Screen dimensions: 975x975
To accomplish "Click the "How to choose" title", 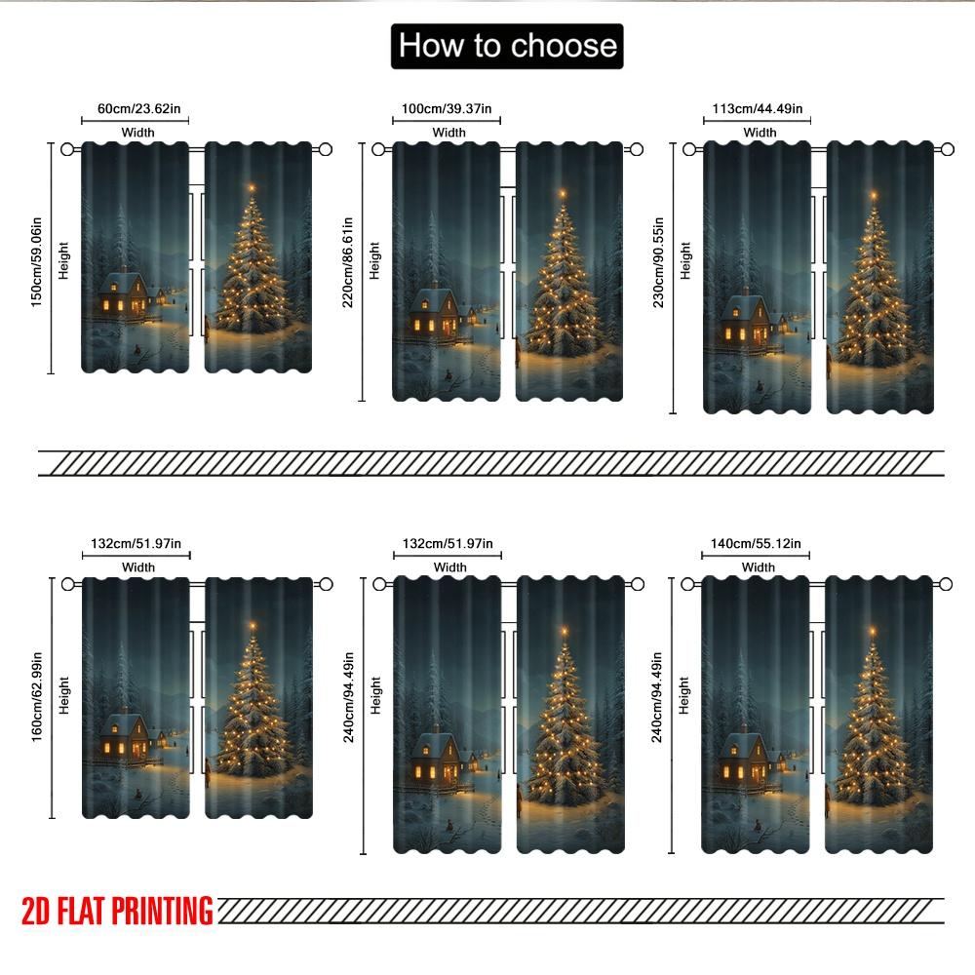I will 507,46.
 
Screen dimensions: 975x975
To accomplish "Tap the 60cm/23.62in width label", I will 136,108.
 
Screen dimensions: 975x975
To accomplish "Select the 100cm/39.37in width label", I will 448,108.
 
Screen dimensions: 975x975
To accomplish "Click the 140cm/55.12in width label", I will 758,543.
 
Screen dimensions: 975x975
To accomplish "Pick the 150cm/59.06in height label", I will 36,258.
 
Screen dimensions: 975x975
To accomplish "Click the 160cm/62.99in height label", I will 36,694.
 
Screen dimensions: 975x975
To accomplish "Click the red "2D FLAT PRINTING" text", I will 117,911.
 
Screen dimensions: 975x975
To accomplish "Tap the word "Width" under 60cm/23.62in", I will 137,133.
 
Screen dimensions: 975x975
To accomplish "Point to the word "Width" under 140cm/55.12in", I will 759,567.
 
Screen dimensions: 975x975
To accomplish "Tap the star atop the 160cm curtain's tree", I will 253,625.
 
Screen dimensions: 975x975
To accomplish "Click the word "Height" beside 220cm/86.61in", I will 375,260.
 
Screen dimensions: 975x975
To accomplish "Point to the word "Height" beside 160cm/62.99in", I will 63,695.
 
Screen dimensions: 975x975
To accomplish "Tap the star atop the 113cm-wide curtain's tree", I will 873,195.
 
